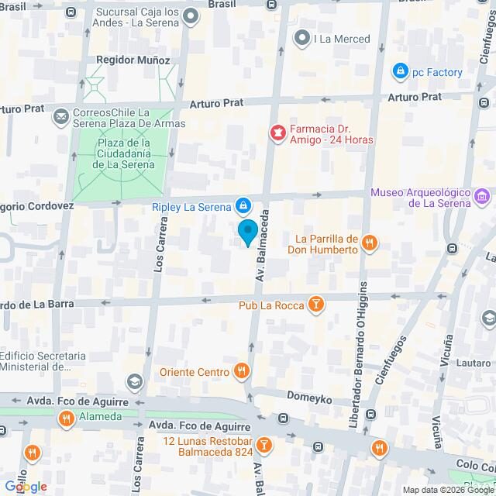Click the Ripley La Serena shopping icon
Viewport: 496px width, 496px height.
(243, 205)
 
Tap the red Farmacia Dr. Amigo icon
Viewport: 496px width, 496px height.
(275, 134)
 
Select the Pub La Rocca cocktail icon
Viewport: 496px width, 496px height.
(315, 304)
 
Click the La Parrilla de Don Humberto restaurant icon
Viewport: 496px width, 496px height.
(370, 243)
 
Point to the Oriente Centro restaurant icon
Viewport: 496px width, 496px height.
(242, 371)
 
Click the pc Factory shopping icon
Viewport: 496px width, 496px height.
(400, 72)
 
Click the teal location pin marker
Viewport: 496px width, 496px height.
(247, 232)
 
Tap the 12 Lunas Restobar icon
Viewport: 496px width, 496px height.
(263, 445)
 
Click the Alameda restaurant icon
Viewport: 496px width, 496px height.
(67, 419)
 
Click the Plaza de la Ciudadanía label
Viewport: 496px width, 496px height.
(123, 153)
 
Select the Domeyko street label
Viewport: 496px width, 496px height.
(310, 399)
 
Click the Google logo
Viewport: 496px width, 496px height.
(26, 486)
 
